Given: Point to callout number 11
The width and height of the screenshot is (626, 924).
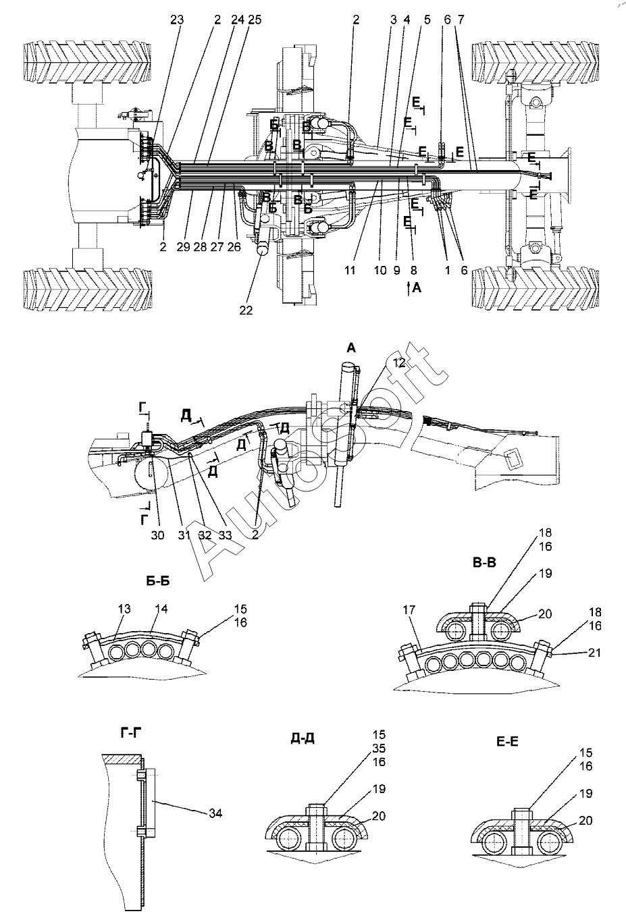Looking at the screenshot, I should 350,270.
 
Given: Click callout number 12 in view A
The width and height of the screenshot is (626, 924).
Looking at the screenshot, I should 399,363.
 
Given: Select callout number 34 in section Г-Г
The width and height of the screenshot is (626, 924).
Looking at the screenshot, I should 215,814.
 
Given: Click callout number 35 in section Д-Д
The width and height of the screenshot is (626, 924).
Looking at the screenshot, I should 379,748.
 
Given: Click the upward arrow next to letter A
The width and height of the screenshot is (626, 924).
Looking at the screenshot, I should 407,288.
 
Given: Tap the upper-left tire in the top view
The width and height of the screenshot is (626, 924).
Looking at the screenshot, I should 88,63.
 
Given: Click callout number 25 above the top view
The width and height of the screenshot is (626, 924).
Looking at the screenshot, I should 236,21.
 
